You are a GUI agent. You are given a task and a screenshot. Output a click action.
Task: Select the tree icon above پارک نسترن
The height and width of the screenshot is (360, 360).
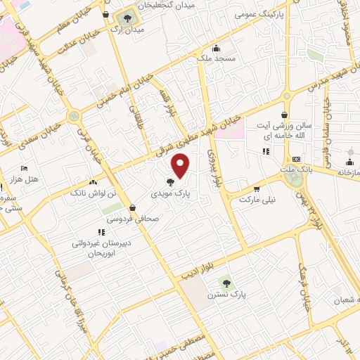click(x=223, y=282)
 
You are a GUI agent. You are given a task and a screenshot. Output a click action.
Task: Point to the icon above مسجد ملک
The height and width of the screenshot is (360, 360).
click(x=215, y=49)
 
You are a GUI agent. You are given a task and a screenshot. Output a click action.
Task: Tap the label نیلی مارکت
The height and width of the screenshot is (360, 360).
click(x=257, y=200)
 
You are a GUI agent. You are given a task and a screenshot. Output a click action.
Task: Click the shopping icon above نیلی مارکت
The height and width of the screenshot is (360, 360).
click(x=257, y=188)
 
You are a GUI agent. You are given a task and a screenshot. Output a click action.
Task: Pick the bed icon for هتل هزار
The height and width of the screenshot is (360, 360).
click(x=24, y=169)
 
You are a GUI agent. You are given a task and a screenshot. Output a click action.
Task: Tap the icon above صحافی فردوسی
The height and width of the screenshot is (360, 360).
click(x=132, y=207)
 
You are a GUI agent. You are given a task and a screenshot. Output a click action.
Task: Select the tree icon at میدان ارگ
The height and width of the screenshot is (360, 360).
click(x=127, y=19)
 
